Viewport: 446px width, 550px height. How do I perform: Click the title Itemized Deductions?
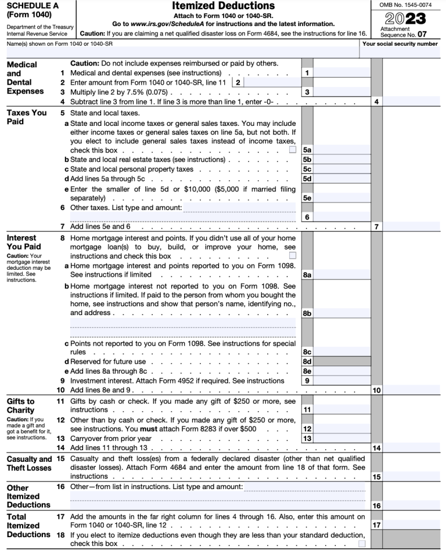[x=223, y=6]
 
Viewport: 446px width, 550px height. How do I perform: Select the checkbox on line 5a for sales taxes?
[x=293, y=150]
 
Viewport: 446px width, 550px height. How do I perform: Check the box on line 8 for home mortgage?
[x=293, y=256]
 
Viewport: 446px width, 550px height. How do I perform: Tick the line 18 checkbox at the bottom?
[x=362, y=544]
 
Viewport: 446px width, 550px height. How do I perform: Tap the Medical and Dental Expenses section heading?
[x=25, y=78]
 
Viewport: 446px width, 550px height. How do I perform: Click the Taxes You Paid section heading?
[x=26, y=117]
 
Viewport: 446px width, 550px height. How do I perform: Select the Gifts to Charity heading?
[x=20, y=405]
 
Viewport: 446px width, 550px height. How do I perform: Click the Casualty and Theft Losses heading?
[x=29, y=464]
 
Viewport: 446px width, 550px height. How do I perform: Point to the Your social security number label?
[x=400, y=44]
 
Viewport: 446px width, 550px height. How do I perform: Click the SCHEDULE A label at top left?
[x=27, y=5]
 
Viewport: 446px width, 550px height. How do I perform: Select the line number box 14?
[x=376, y=448]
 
